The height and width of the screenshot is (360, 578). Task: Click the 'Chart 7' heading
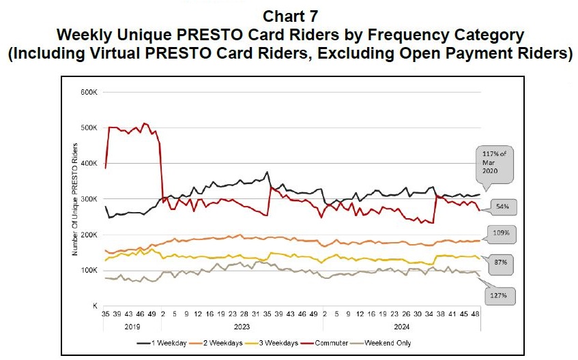(x=289, y=15)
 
